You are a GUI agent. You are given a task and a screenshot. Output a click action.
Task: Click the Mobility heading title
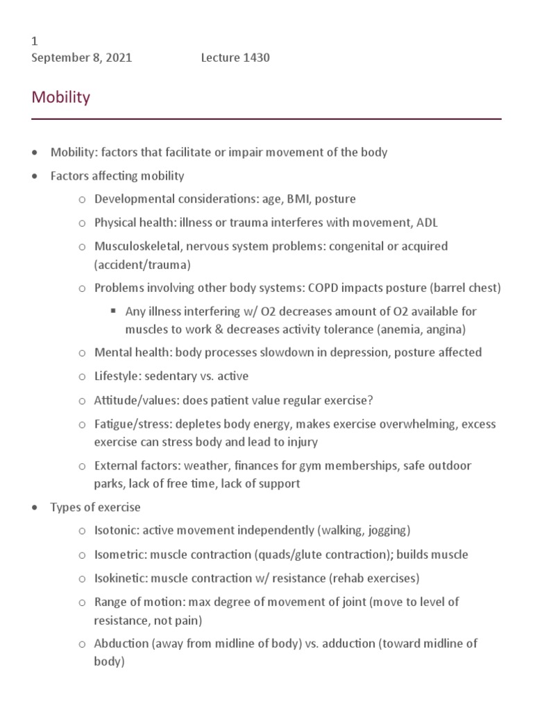61,97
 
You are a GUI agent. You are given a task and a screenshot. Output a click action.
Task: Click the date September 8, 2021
82,58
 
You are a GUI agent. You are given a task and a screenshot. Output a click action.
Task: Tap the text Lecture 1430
235,58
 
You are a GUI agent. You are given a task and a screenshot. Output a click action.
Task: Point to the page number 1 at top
35,42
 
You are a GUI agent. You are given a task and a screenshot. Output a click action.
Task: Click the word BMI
285,199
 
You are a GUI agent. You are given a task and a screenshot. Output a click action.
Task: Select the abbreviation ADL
428,223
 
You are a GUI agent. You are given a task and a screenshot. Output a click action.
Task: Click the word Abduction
121,643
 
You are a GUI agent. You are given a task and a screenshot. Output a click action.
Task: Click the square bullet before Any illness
112,311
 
